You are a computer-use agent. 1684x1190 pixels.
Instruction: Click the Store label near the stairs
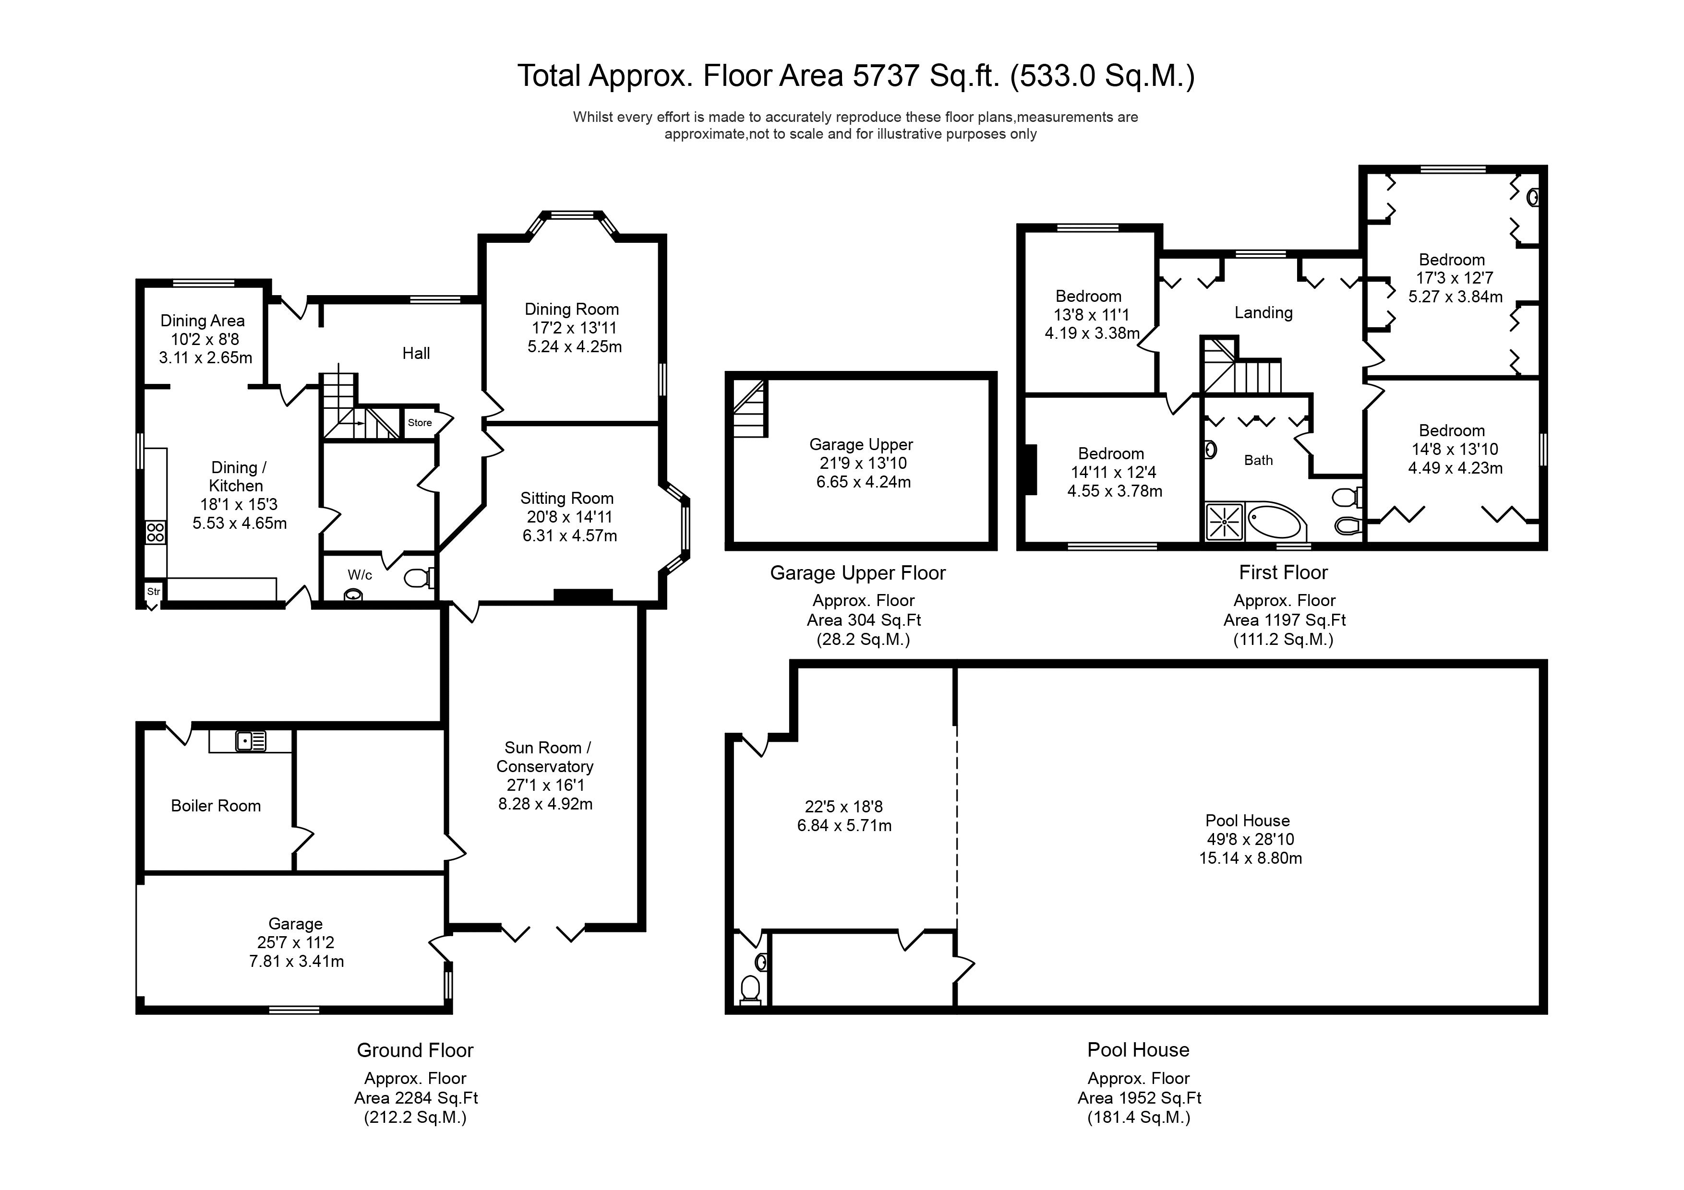click(420, 423)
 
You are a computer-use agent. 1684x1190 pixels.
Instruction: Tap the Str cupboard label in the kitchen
click(153, 592)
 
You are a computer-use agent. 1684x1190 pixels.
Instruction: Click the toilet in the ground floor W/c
click(419, 579)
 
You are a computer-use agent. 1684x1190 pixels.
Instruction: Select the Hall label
click(416, 354)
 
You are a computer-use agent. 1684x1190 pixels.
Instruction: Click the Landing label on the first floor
click(1263, 313)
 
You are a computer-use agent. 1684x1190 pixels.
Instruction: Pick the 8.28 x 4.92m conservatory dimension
click(545, 804)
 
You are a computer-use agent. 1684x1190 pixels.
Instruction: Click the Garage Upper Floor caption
click(857, 573)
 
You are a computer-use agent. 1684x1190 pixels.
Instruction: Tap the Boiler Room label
click(216, 807)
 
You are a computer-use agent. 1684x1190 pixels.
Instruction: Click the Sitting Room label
click(566, 499)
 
